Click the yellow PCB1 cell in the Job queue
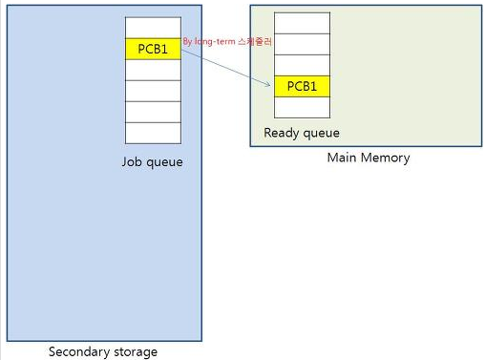click(x=153, y=49)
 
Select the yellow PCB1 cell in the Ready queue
click(x=302, y=87)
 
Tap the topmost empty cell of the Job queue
click(x=153, y=28)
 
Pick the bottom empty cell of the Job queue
click(x=153, y=133)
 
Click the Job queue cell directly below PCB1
click(x=153, y=70)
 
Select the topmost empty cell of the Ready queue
click(x=302, y=23)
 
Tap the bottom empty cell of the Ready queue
click(x=302, y=108)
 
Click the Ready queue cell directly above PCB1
click(x=302, y=65)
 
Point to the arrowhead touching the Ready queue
click(x=270, y=85)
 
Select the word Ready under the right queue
click(x=283, y=133)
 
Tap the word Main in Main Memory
click(x=342, y=158)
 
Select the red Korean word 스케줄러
click(x=255, y=42)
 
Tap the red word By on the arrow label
click(x=188, y=42)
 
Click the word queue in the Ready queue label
click(x=322, y=133)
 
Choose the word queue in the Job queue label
click(x=164, y=162)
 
